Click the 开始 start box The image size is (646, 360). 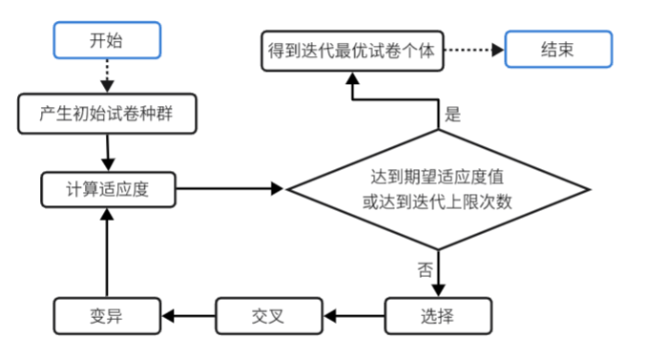coord(107,40)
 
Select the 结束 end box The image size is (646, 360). coord(558,49)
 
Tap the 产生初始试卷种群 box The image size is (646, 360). coord(107,114)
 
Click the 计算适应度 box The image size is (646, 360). coord(109,190)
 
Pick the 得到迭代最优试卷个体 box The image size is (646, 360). coord(352,51)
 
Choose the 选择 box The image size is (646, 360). coord(438,316)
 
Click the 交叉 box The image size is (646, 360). coord(269,316)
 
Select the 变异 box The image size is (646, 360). coord(107,316)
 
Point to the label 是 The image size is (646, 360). coord(453,114)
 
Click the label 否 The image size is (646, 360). coord(426,270)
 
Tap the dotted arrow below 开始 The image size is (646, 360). coord(107,75)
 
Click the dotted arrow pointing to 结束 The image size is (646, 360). coord(474,50)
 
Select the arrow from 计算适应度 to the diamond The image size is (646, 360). coord(230,189)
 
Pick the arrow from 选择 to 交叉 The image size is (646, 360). coord(354,316)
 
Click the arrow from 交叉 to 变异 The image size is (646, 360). coord(188,316)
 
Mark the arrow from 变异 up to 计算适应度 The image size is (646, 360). coord(107,253)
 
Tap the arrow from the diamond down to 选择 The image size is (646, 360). coord(438,273)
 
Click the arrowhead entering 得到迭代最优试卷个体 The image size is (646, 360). coord(352,78)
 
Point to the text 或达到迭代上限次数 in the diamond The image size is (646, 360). coord(437,202)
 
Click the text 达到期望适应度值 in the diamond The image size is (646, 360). coord(437,177)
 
